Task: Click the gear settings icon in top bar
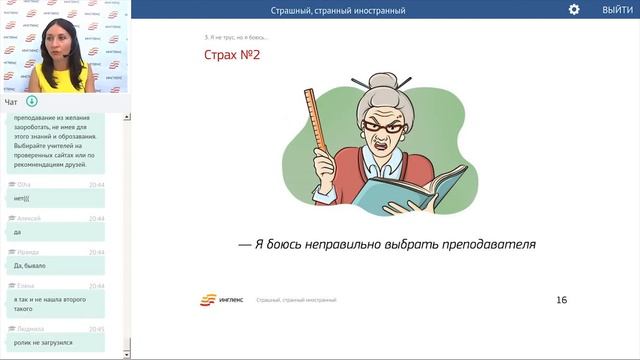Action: [x=574, y=9]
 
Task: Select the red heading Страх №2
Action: [x=231, y=55]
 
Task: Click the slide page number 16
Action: [x=561, y=300]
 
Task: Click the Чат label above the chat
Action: [x=11, y=101]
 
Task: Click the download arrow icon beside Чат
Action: [x=32, y=101]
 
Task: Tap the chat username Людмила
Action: [x=29, y=328]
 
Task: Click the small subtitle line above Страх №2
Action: [x=235, y=38]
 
